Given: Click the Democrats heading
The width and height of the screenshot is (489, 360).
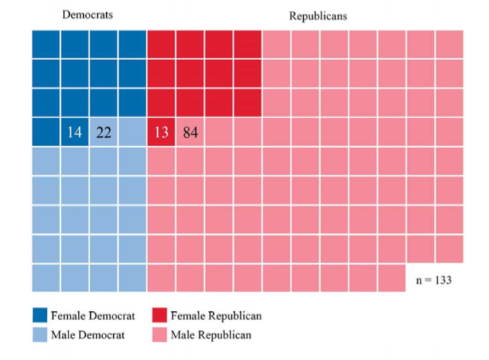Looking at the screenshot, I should click(87, 15).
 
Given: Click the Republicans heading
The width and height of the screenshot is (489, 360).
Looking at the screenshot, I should click(318, 15).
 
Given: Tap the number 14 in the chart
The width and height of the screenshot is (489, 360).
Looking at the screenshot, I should click(75, 131).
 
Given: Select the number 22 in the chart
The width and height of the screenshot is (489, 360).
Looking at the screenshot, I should click(103, 131).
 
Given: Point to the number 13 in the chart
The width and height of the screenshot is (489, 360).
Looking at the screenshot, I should click(161, 131).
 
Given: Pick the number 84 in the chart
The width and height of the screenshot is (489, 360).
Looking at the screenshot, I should click(190, 131).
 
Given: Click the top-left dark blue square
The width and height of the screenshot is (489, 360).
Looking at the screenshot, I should click(45, 44).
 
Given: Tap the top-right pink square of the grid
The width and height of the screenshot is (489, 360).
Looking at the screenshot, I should click(449, 44).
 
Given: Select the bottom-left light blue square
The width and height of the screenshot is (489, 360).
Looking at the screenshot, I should click(45, 278).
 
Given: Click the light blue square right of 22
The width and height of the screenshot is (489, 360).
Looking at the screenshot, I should click(132, 131).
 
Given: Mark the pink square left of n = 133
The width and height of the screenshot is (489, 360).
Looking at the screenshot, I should click(392, 278).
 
